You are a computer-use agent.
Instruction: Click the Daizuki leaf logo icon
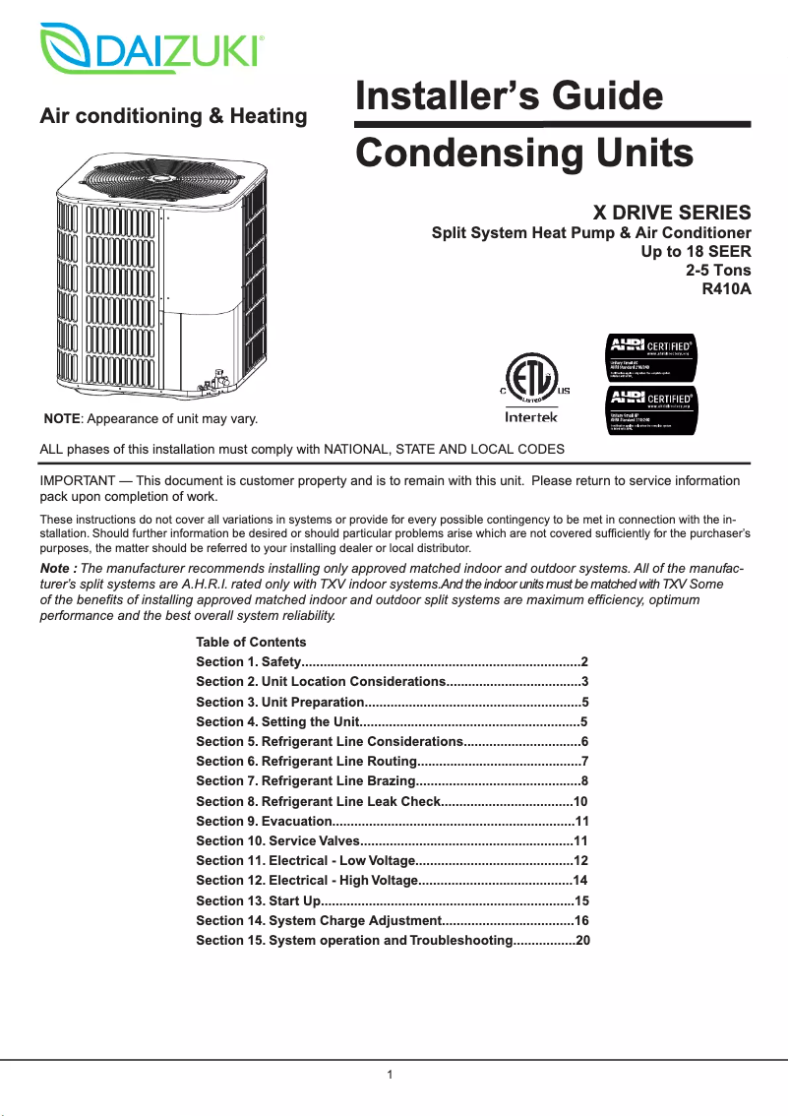click(66, 46)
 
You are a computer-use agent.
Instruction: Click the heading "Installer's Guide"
click(509, 97)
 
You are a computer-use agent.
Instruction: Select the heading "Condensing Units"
click(523, 154)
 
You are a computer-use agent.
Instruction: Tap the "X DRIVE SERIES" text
click(671, 212)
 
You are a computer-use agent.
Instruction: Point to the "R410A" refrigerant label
click(725, 289)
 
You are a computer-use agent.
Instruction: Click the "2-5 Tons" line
click(717, 271)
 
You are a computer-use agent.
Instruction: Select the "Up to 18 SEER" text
click(696, 252)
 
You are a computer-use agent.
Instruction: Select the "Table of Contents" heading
click(251, 642)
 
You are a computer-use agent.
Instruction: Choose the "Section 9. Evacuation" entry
click(263, 821)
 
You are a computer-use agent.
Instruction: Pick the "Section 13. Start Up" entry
click(258, 900)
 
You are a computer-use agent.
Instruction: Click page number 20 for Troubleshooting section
click(582, 941)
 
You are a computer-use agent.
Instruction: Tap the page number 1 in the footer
click(391, 1074)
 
